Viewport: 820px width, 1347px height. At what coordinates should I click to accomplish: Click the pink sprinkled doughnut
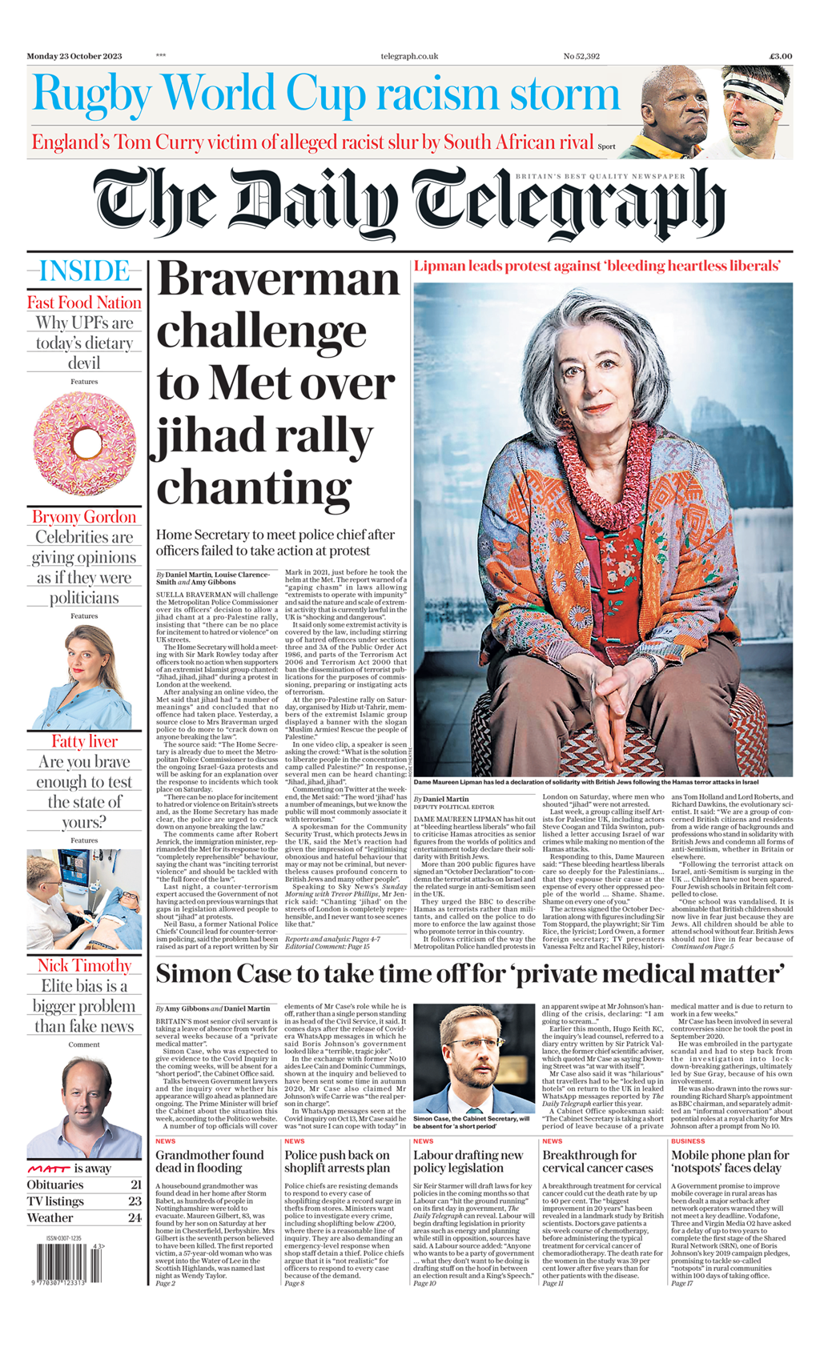coord(84,443)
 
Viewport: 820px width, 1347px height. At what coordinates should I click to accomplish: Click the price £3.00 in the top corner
coord(780,56)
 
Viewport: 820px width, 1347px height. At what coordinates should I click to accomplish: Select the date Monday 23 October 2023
coord(74,56)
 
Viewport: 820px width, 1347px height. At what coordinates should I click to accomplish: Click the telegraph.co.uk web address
coord(409,56)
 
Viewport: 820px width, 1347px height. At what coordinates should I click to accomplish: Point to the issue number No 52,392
coord(581,56)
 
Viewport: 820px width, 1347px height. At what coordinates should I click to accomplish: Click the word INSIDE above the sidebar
coord(84,271)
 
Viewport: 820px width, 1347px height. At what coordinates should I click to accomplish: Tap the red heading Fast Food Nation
coord(84,303)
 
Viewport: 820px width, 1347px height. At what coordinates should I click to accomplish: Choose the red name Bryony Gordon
coord(84,516)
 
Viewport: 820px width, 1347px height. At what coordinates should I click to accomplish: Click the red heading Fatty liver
coord(84,741)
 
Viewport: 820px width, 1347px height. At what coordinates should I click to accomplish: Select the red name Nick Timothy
coord(84,965)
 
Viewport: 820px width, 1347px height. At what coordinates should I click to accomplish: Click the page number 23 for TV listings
coord(135,1201)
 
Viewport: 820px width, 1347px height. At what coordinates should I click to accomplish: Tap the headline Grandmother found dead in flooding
coord(210,1161)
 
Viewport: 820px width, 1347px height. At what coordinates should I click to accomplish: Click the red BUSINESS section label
coord(688,1141)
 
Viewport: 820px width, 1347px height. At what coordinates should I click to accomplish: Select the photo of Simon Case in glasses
coord(473,1058)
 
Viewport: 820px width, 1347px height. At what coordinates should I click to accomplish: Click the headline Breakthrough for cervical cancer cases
coord(597,1161)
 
